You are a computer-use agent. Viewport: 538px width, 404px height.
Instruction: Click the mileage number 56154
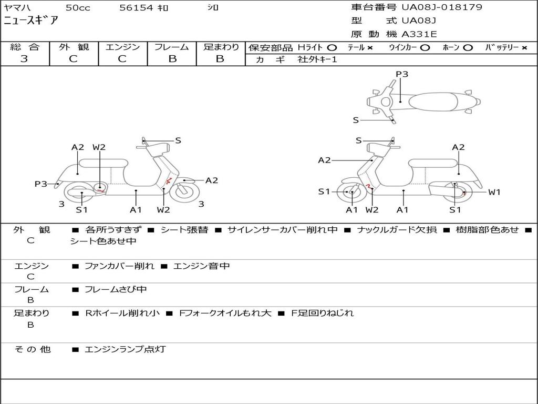(x=136, y=8)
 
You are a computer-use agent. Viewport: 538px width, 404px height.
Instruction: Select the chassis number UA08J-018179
(x=442, y=7)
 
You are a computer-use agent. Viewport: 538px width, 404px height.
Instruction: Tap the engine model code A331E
(x=419, y=34)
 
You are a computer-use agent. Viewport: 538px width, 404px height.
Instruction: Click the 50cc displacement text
(x=77, y=8)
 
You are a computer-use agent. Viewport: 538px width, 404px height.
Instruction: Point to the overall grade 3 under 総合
(x=24, y=59)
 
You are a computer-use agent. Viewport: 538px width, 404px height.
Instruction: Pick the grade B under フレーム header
(x=172, y=59)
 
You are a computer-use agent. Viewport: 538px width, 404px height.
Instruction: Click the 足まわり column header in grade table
(x=221, y=47)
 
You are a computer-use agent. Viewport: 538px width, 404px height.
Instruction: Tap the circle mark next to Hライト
(x=332, y=47)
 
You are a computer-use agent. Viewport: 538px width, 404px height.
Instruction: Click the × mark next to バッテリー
(x=524, y=47)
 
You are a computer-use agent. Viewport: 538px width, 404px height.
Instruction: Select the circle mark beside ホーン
(x=468, y=47)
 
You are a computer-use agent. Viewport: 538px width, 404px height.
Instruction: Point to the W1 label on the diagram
(x=494, y=192)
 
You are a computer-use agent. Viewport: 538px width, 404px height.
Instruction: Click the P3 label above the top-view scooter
(x=402, y=74)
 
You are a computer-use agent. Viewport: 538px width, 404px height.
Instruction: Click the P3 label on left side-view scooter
(x=41, y=184)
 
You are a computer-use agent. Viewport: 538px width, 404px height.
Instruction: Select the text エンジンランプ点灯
(x=125, y=349)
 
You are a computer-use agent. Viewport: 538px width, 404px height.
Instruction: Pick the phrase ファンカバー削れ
(x=119, y=266)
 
